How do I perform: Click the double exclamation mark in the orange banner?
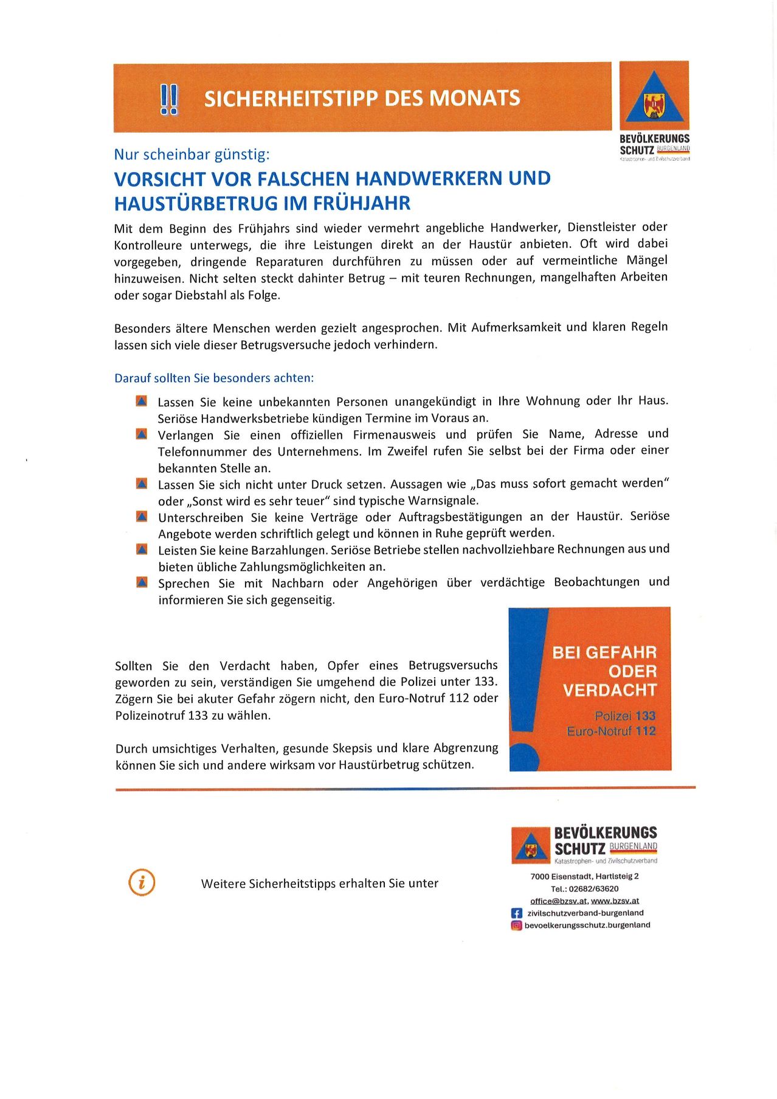coord(168,99)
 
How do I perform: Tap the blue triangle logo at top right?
coord(654,97)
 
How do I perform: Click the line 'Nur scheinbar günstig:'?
coord(192,155)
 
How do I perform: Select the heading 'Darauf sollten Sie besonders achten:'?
coord(214,378)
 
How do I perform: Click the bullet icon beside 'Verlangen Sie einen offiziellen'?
coord(142,434)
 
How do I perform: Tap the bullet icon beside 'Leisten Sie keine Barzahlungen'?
coord(142,549)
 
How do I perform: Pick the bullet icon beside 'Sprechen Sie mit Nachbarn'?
coord(142,582)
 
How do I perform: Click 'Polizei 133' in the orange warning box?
coord(624,716)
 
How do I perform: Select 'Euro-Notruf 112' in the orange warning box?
coord(611,731)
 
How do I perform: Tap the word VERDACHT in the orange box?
coord(610,690)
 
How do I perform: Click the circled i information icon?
coord(142,882)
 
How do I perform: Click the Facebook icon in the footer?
coord(517,913)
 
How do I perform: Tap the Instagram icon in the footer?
coord(517,926)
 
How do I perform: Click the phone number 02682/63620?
coord(593,888)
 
